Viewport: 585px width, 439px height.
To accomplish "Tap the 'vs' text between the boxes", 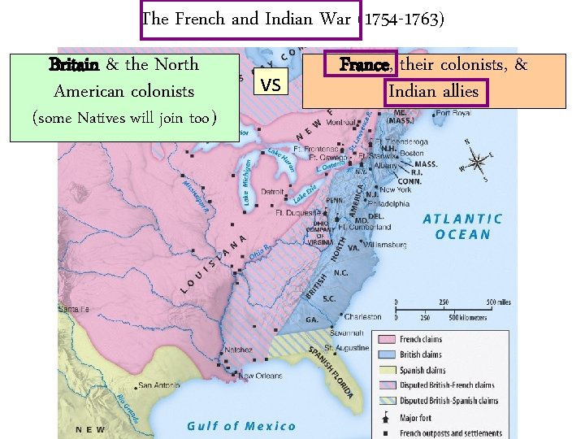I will coord(271,83).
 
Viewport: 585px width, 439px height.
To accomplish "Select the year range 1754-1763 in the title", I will coord(403,19).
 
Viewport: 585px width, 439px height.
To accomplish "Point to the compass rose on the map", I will coord(477,159).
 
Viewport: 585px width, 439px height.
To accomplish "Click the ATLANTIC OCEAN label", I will coord(463,227).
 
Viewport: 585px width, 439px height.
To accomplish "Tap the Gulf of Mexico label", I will coord(241,426).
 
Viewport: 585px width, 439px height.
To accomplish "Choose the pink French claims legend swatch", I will coord(385,339).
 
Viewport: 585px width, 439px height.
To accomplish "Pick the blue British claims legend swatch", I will coord(385,354).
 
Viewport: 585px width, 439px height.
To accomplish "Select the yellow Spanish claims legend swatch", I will coord(385,370).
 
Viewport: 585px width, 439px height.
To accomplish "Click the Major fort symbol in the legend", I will coord(385,418).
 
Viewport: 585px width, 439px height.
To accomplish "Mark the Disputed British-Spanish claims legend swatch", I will coord(385,401).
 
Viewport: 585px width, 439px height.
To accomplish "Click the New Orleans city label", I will coord(260,376).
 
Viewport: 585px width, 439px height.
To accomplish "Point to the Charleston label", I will coord(362,317).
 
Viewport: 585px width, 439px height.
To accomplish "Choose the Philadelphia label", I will coord(388,204).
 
